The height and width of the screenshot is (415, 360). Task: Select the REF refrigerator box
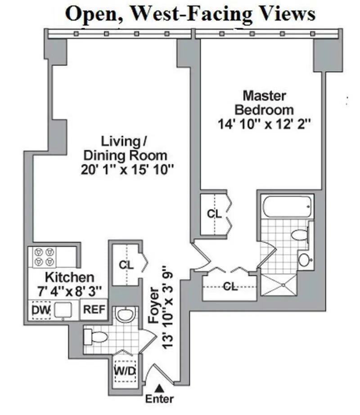94,310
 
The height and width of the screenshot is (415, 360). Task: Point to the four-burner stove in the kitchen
44,257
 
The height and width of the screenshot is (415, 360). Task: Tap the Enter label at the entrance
159,398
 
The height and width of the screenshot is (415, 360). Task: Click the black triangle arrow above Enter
159,388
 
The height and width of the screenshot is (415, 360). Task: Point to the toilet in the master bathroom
300,234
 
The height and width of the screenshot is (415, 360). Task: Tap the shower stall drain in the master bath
283,284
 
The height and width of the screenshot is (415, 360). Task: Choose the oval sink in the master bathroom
305,259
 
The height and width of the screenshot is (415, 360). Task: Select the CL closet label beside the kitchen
126,265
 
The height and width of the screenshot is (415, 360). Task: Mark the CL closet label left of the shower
230,286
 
